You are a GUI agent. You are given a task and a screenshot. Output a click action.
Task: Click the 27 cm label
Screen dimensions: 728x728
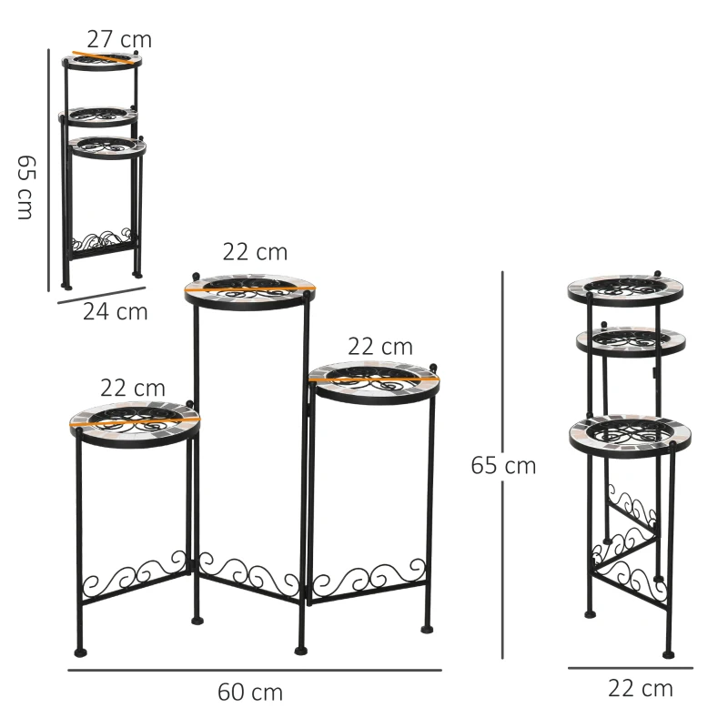click(x=119, y=39)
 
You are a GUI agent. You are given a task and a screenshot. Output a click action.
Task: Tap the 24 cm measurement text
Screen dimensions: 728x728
click(x=115, y=311)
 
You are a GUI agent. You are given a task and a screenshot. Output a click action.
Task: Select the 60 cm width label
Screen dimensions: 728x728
click(x=250, y=692)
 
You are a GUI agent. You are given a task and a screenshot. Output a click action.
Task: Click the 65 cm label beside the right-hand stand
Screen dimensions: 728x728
click(x=503, y=466)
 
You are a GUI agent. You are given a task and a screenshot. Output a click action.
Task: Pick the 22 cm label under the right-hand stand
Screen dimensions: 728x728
click(x=641, y=688)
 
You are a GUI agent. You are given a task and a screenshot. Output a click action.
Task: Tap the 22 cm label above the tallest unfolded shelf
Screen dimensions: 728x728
click(x=255, y=252)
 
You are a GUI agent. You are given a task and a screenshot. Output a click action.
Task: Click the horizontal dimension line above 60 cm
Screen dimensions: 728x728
click(x=255, y=671)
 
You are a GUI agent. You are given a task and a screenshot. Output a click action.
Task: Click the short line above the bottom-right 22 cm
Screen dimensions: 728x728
click(x=630, y=668)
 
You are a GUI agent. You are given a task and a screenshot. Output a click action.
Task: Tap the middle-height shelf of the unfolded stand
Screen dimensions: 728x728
click(x=374, y=380)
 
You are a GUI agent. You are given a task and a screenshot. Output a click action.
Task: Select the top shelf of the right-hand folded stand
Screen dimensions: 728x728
click(x=625, y=289)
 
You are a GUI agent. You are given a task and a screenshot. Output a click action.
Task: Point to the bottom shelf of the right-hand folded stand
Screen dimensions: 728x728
click(x=626, y=434)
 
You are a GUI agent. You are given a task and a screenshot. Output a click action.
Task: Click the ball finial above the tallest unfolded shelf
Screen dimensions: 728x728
click(x=194, y=273)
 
